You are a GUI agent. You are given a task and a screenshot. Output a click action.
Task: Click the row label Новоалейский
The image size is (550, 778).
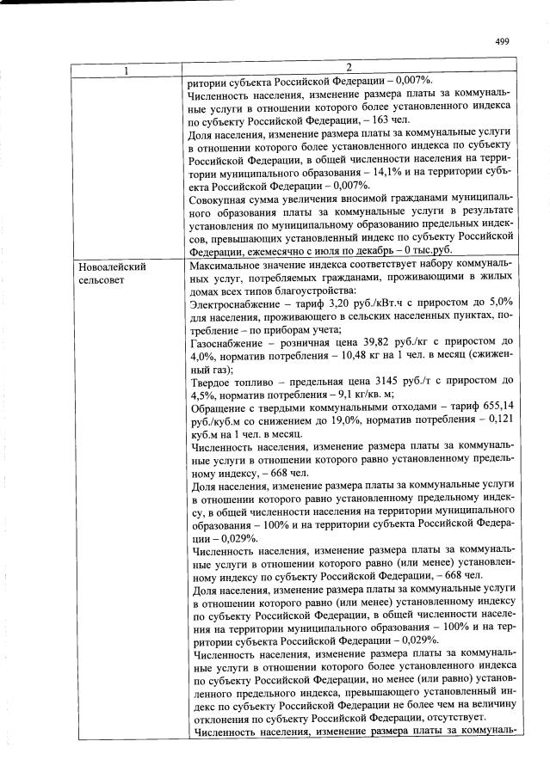coord(110,267)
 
